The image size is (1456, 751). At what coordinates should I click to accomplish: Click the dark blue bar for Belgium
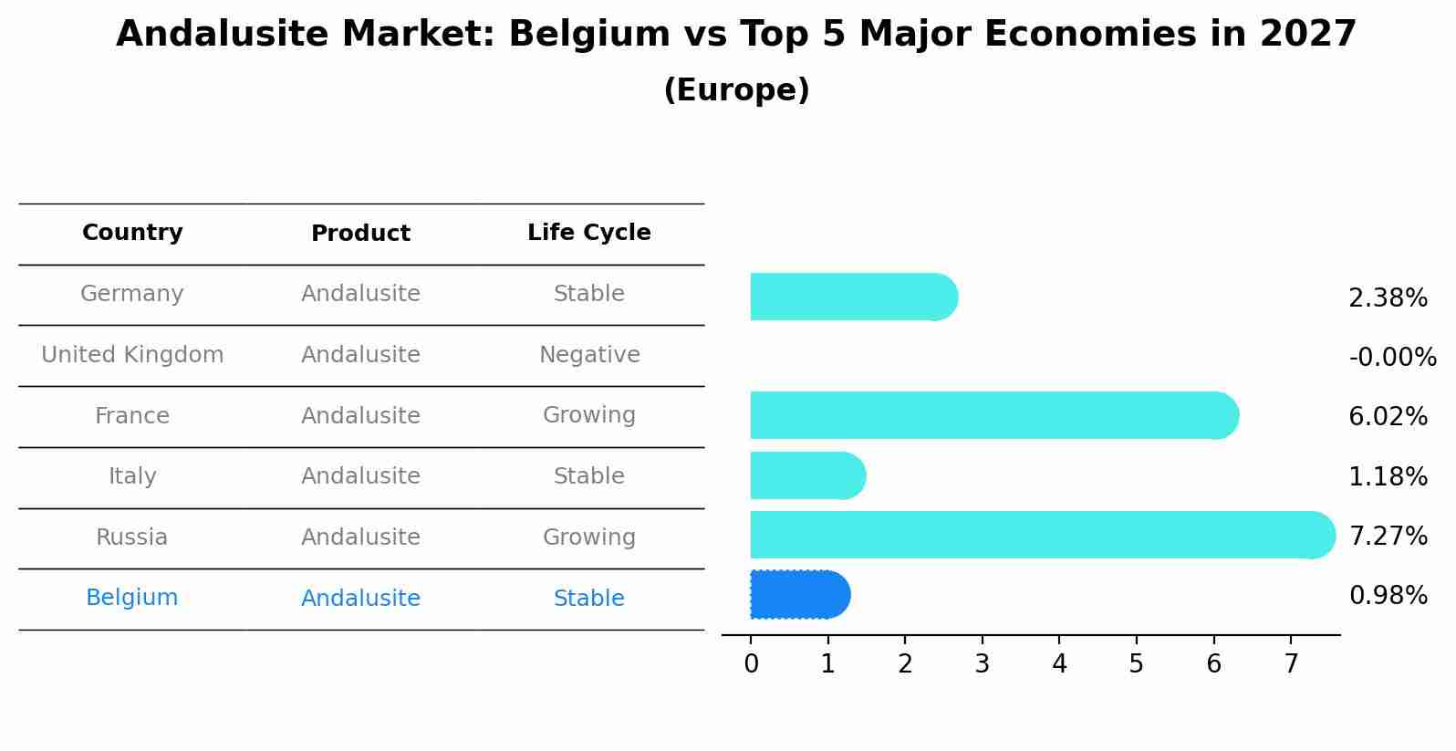(x=799, y=595)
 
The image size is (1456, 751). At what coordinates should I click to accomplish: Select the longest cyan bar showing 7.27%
(x=1040, y=535)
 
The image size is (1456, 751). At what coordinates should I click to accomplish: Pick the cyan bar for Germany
(x=853, y=297)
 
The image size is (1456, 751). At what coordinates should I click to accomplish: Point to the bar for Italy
(x=806, y=475)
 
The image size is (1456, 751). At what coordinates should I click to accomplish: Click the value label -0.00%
(x=1392, y=357)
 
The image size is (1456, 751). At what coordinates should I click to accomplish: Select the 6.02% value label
(x=1388, y=417)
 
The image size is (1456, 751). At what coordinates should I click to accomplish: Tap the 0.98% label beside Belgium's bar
(x=1388, y=596)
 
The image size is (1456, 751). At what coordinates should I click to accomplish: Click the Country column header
(x=132, y=233)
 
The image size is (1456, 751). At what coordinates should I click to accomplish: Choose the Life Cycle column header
(x=589, y=233)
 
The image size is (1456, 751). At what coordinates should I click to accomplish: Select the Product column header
(x=360, y=234)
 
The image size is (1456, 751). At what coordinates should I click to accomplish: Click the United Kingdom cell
(x=132, y=355)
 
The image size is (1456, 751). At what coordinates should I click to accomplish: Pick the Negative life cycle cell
(x=589, y=355)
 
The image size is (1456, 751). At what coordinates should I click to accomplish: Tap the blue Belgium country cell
(x=132, y=598)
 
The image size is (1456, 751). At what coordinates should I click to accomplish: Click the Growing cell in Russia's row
(x=589, y=537)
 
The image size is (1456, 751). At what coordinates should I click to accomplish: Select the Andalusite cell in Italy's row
(x=360, y=476)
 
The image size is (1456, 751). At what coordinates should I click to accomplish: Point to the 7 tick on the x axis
(x=1291, y=663)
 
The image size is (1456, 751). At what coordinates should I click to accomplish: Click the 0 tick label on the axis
(x=751, y=663)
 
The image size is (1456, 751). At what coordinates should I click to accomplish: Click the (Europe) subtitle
(x=736, y=90)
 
